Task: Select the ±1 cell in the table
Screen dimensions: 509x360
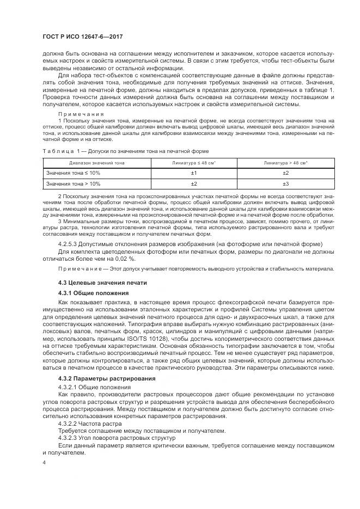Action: click(x=193, y=173)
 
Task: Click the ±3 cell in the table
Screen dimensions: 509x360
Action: click(x=285, y=184)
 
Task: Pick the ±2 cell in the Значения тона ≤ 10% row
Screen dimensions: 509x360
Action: click(x=285, y=173)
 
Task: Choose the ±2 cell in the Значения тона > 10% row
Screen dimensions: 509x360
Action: click(x=193, y=184)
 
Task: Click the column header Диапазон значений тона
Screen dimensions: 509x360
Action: click(x=92, y=162)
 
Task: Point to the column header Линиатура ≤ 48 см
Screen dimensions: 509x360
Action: click(x=193, y=162)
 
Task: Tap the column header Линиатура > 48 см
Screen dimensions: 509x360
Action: click(x=285, y=162)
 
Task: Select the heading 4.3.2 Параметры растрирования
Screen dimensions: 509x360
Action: click(x=106, y=378)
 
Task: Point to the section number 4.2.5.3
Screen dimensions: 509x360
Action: click(x=69, y=243)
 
